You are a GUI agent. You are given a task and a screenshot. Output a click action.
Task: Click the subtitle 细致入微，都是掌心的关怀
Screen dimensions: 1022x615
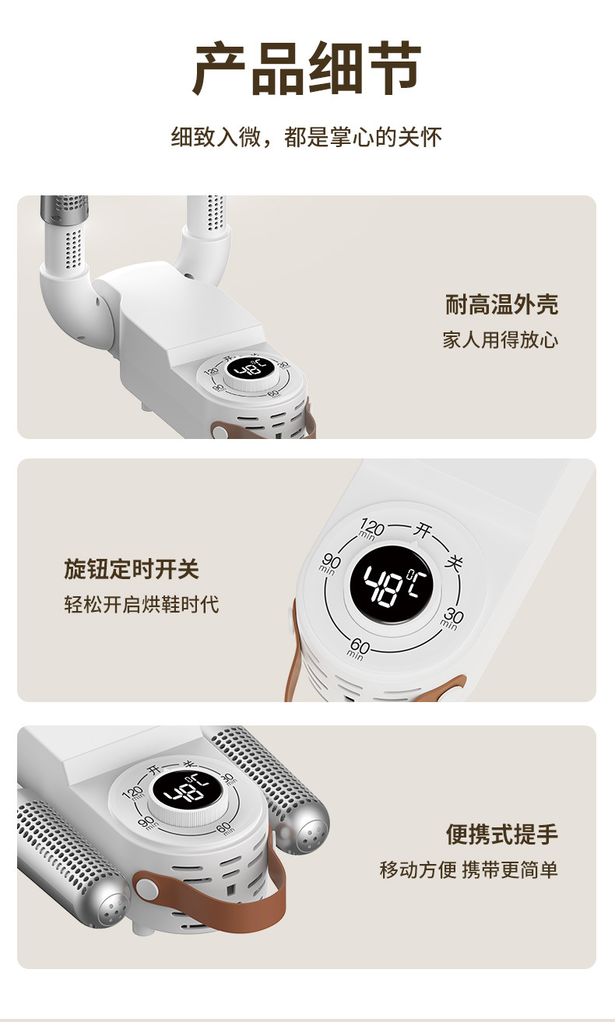click(307, 139)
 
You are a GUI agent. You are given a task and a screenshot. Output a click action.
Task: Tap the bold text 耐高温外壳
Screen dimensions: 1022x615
click(501, 304)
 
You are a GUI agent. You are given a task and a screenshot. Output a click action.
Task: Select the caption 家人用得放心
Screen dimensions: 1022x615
click(501, 340)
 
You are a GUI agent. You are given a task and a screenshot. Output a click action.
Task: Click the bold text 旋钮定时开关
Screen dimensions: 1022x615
click(132, 569)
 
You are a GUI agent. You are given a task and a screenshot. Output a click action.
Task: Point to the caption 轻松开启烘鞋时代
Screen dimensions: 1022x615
click(142, 605)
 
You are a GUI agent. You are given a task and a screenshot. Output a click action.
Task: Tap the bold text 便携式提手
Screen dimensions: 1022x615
click(502, 834)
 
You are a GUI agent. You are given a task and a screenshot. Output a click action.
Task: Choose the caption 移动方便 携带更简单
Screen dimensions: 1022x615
click(469, 869)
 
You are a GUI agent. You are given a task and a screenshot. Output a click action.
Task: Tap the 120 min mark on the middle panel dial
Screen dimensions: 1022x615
click(371, 532)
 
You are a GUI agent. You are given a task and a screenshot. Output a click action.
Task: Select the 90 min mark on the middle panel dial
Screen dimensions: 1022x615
click(331, 563)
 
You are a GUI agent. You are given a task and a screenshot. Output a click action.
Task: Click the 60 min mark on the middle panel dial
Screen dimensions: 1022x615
click(358, 647)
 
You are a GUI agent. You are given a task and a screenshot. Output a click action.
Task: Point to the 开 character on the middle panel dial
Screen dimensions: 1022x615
click(423, 531)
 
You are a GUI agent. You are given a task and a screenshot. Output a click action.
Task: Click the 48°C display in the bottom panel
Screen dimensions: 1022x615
click(178, 792)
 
